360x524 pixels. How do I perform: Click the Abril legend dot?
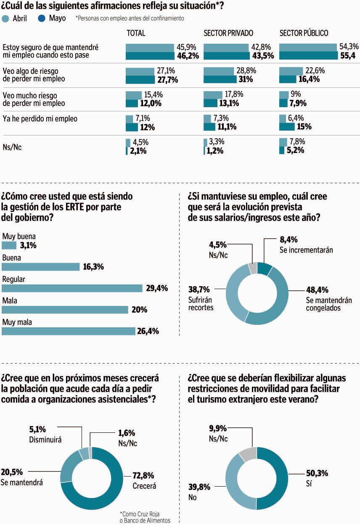pos(5,18)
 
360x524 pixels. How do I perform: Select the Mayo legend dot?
pos(42,18)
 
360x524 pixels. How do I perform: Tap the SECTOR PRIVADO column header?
pos(228,33)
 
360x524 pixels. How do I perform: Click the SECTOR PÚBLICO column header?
pos(304,33)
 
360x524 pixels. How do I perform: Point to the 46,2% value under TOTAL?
pos(187,56)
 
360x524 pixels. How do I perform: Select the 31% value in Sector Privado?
pos(246,79)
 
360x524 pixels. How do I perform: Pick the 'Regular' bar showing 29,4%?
pos(72,288)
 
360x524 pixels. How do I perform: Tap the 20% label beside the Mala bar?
pos(138,310)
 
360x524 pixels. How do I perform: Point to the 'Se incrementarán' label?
pos(306,250)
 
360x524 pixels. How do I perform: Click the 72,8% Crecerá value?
pos(143,476)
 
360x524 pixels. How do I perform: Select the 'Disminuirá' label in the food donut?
pos(45,440)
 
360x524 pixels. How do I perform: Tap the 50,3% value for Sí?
pos(317,474)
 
